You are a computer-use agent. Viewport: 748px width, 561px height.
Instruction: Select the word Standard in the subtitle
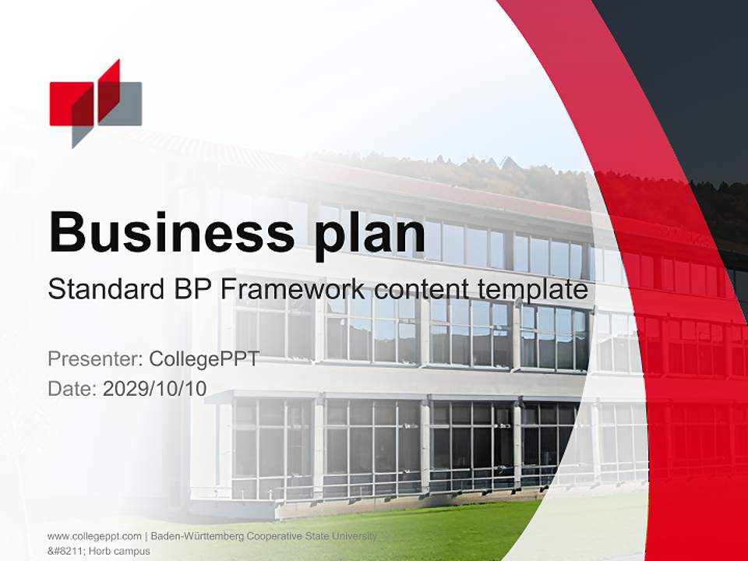104,290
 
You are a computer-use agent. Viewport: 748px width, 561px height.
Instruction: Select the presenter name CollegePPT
204,359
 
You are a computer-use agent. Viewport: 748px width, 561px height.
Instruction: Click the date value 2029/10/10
155,389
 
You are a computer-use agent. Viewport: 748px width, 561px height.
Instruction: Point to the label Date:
72,389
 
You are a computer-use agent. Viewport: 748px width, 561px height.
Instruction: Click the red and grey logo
95,103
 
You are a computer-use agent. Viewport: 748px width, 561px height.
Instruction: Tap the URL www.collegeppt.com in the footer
94,536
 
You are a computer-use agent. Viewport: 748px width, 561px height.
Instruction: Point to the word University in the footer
355,536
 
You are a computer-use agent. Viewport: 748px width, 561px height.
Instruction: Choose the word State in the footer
318,536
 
